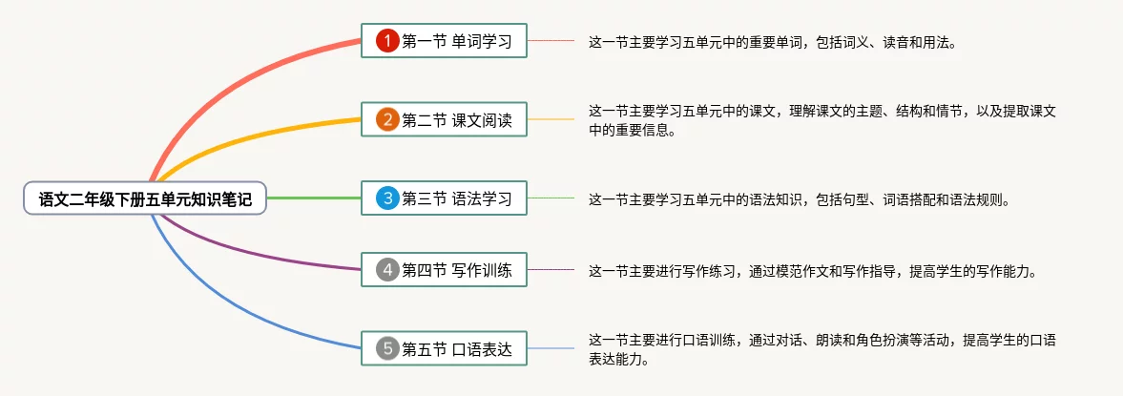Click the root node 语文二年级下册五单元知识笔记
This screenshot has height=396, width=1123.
pyautogui.click(x=145, y=199)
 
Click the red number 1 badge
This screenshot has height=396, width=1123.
pyautogui.click(x=386, y=41)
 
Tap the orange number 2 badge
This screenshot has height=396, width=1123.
pyautogui.click(x=386, y=120)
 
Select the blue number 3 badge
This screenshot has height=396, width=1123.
pyautogui.click(x=386, y=198)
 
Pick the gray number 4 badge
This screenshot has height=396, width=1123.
pyautogui.click(x=386, y=270)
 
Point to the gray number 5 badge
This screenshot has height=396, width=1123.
pyautogui.click(x=386, y=348)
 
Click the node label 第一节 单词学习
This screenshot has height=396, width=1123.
pyautogui.click(x=457, y=41)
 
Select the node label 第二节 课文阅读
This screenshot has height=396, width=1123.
pyautogui.click(x=457, y=120)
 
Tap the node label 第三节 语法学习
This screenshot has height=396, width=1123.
pyautogui.click(x=457, y=198)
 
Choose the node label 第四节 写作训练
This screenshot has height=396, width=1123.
pyautogui.click(x=457, y=270)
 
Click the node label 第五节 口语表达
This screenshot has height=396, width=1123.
pyautogui.click(x=457, y=348)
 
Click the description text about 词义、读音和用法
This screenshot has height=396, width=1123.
pyautogui.click(x=772, y=42)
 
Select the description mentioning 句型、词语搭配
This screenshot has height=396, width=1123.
pyautogui.click(x=799, y=199)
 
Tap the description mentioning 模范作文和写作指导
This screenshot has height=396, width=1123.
pyautogui.click(x=812, y=271)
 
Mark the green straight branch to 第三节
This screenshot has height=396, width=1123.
pyautogui.click(x=315, y=198)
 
